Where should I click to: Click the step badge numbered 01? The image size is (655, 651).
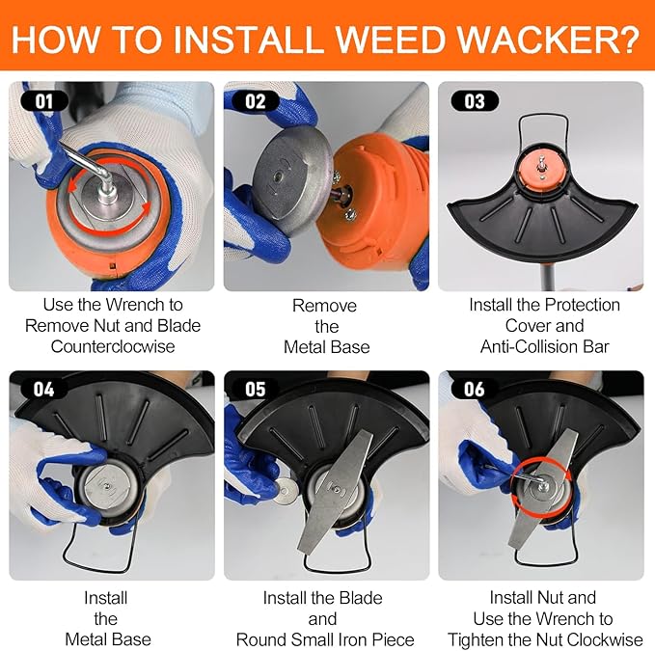tap(44, 101)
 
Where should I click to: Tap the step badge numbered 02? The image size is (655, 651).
tap(256, 101)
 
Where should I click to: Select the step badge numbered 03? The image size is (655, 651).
tap(475, 101)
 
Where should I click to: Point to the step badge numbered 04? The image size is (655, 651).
tap(43, 390)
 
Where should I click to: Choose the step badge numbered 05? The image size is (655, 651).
tap(256, 390)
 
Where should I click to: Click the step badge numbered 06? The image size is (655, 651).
tap(475, 390)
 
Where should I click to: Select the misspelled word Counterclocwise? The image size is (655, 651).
tap(113, 346)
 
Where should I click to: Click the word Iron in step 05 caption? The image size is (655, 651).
tap(353, 639)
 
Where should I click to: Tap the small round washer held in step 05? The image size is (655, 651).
tap(287, 488)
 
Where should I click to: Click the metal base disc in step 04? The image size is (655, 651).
tap(107, 485)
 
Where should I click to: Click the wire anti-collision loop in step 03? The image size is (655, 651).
tap(543, 115)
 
